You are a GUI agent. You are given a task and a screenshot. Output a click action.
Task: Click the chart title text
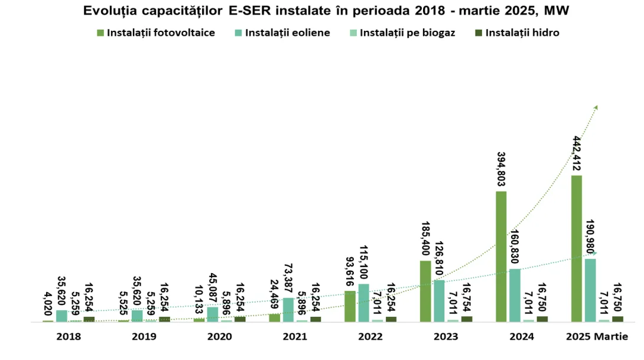pos(322,11)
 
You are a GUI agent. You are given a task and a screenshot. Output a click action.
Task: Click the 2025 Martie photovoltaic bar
pos(577,248)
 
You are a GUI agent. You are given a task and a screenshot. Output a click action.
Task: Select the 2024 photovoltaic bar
pos(501,257)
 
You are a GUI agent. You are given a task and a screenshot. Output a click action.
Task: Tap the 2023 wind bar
pos(439,301)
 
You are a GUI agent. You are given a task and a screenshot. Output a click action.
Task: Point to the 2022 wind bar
pos(363,303)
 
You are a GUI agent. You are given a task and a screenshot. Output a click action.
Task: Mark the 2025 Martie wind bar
pos(590,290)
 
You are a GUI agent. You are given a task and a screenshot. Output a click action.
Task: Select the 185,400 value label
pos(425,238)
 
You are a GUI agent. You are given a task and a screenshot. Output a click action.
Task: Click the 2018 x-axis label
pos(68,336)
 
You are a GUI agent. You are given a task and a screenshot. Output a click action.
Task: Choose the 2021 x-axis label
pos(295,336)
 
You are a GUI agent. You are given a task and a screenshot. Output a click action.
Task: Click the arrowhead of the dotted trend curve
pos(596,108)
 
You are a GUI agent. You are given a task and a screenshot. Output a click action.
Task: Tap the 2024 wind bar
pos(515,295)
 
